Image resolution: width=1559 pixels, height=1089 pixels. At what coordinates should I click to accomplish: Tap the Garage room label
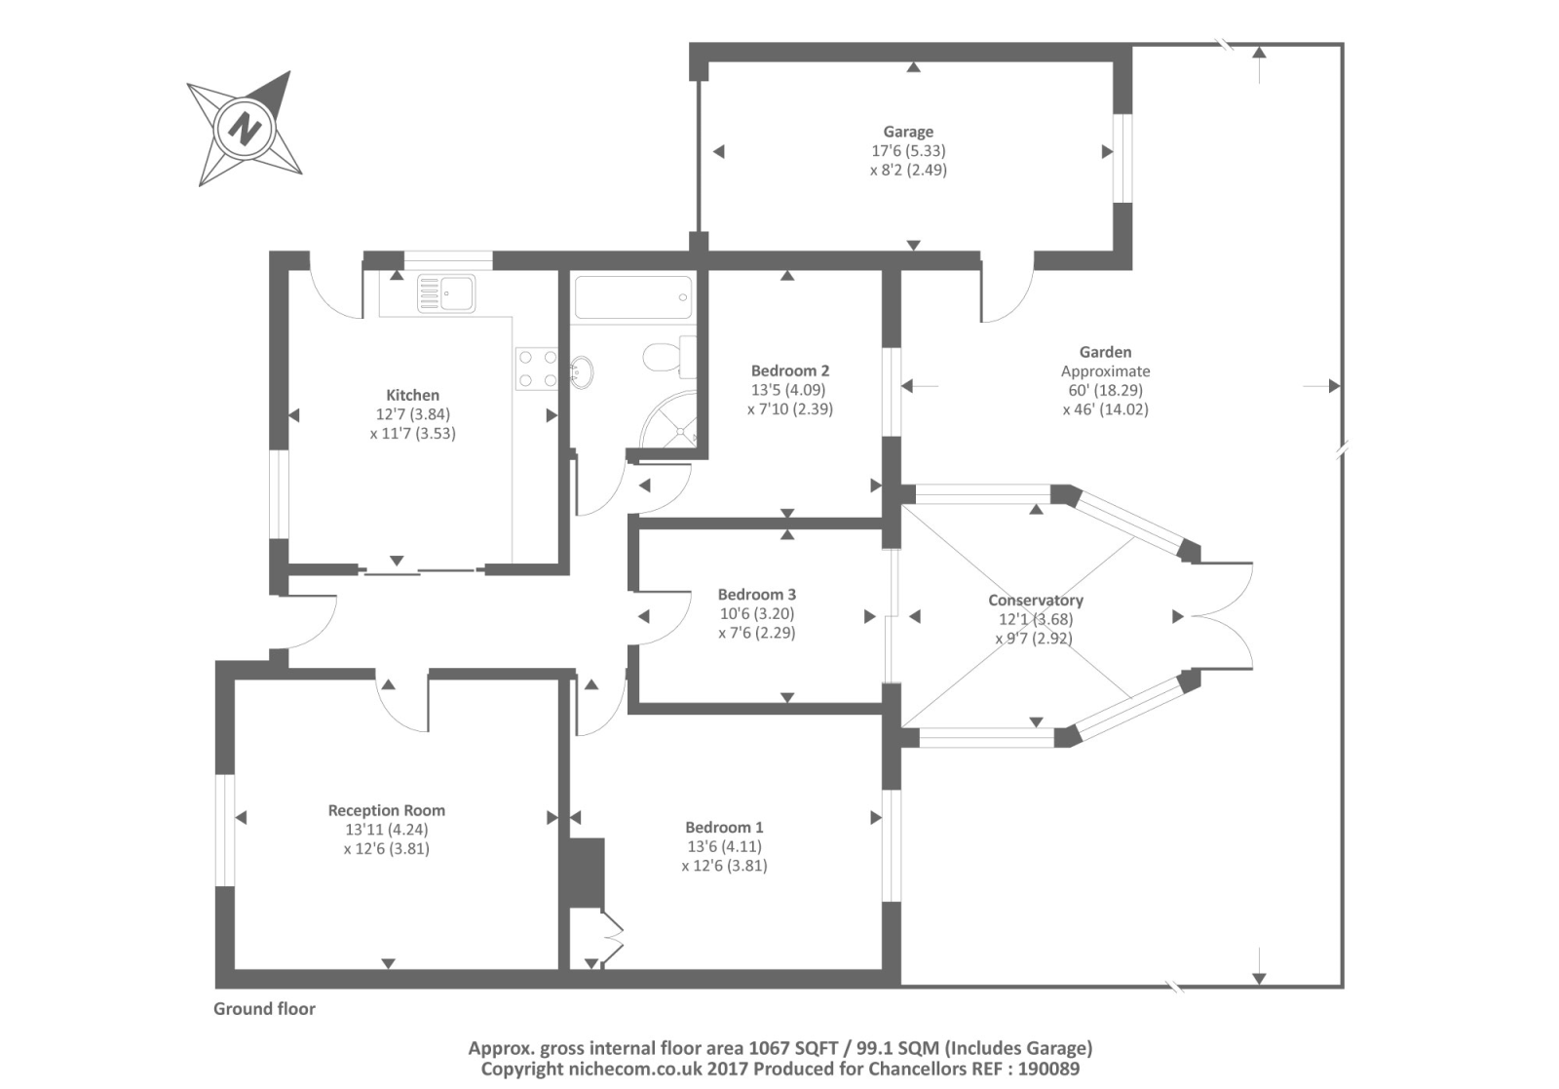pos(908,132)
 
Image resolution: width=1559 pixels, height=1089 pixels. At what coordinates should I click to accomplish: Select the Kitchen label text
pos(412,395)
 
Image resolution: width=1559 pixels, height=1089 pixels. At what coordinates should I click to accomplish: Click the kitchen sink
pos(446,292)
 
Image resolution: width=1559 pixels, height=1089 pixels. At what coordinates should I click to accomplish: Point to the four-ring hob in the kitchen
pos(537,369)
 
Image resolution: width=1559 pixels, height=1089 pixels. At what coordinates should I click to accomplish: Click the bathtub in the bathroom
pos(633,296)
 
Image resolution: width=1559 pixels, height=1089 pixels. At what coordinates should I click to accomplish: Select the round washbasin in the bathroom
pos(583,372)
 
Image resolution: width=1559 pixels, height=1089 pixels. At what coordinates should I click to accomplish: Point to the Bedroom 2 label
pos(789,370)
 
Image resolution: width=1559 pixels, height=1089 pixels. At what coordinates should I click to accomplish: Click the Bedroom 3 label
pos(757,595)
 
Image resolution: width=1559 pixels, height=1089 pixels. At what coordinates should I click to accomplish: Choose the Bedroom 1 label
pos(724,828)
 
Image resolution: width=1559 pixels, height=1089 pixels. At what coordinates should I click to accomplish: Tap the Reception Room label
pos(386,810)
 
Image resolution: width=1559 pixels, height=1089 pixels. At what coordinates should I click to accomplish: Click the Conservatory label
pos(1035,601)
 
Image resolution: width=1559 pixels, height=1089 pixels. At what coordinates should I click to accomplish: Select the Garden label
pos(1105,352)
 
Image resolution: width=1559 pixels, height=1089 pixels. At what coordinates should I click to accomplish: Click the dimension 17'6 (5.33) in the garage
pos(908,151)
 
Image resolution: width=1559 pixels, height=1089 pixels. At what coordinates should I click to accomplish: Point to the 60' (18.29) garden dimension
pos(1105,390)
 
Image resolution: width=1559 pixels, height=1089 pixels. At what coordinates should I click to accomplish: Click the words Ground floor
pos(264,1009)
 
